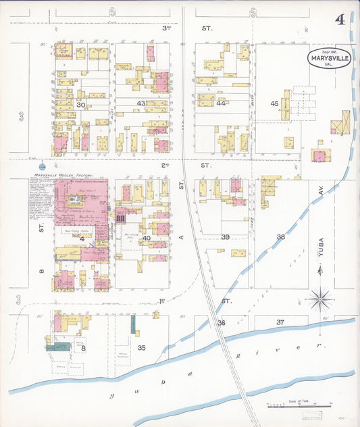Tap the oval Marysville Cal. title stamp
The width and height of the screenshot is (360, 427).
[x=329, y=58]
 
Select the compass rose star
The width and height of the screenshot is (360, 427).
[x=319, y=297]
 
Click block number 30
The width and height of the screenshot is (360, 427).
[x=81, y=105]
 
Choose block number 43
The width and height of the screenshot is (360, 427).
[x=141, y=103]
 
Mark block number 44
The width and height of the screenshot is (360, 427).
[x=221, y=103]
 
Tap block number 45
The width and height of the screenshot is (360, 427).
[x=274, y=103]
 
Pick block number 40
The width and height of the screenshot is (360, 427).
[x=145, y=237]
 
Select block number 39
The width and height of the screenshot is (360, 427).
[x=226, y=236]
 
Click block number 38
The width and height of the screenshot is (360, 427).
[x=280, y=237]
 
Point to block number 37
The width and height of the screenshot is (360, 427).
[x=280, y=322]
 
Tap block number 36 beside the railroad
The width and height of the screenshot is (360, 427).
[x=221, y=323]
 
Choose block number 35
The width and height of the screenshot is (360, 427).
[x=141, y=347]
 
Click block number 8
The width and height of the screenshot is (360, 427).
[x=83, y=348]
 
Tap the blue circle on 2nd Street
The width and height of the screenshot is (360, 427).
[x=43, y=166]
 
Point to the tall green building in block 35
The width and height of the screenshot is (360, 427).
[x=133, y=324]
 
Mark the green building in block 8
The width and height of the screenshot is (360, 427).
[x=59, y=347]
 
